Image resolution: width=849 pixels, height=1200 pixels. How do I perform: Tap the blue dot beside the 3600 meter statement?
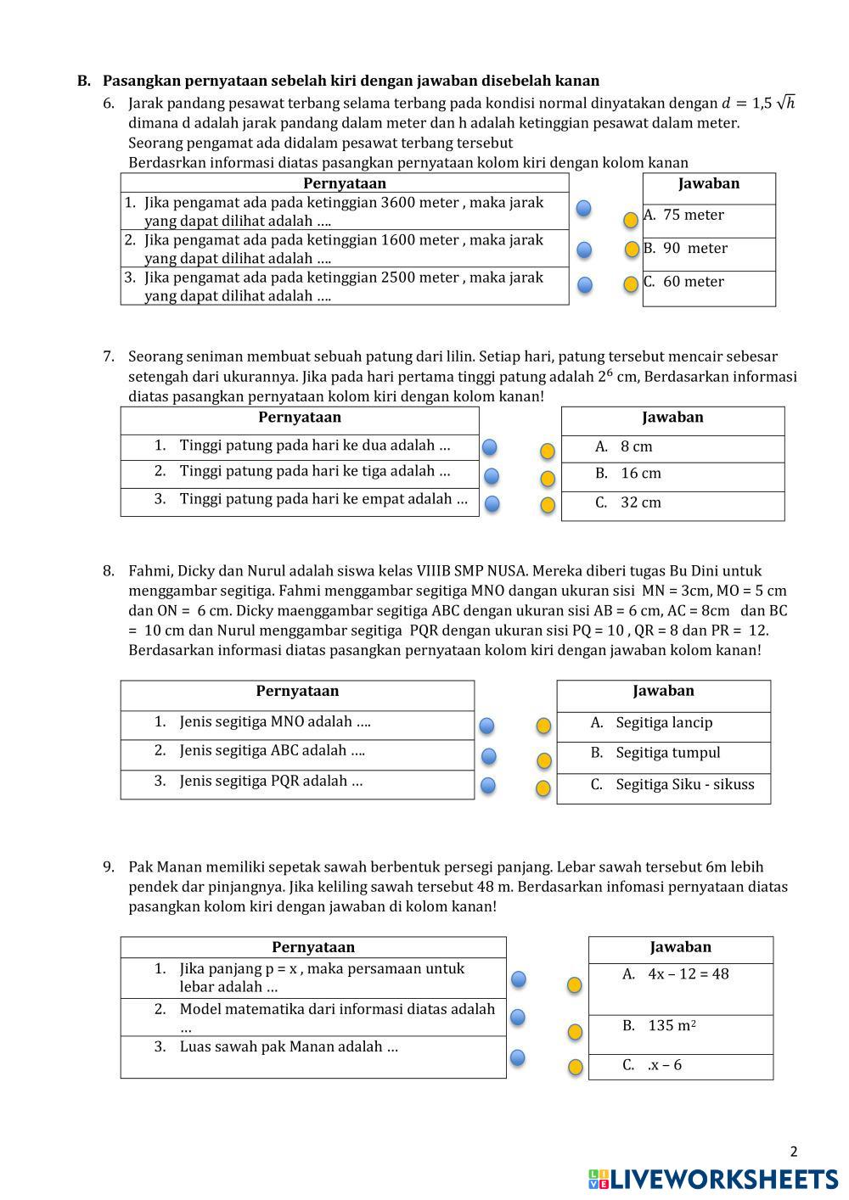[584, 209]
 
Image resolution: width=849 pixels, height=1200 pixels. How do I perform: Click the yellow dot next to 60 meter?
[631, 284]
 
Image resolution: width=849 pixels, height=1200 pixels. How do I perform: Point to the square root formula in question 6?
[758, 104]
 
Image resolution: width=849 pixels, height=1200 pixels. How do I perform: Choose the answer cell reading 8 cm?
[636, 446]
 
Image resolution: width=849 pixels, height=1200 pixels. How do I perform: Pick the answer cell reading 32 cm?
[640, 502]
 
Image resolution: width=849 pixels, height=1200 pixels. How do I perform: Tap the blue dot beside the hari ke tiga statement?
[491, 476]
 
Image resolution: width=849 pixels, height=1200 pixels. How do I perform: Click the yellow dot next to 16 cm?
[548, 479]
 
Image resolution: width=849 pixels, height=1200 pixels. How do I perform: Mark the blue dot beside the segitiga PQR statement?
[488, 785]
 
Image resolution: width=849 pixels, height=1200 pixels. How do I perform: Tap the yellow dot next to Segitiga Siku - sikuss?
[543, 788]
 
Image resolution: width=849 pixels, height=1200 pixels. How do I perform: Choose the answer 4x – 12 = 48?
[688, 974]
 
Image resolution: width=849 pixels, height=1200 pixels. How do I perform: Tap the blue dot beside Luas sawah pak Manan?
[517, 1057]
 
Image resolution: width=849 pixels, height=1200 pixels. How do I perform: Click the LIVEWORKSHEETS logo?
[712, 1179]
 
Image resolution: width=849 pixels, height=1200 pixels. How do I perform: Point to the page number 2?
[794, 1152]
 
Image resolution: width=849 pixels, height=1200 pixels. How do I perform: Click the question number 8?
[109, 571]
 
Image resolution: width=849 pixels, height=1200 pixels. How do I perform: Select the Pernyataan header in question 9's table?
[313, 947]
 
